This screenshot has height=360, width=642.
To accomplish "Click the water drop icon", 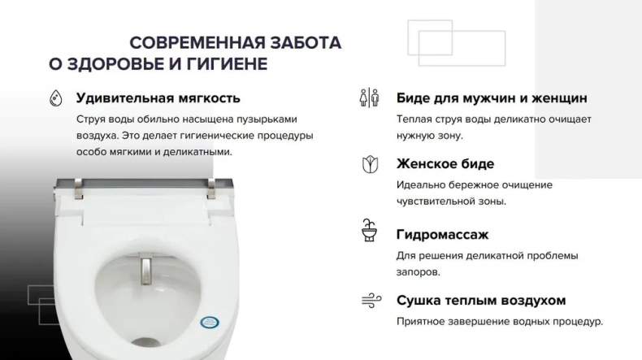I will (55, 98).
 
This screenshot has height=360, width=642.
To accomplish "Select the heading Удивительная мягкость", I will (158, 98).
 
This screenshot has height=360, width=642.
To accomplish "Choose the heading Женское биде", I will (445, 164).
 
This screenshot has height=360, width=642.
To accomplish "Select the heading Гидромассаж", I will (442, 235).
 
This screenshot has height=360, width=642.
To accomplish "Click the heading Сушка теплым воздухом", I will (481, 301).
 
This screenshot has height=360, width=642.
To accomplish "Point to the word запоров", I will (419, 274).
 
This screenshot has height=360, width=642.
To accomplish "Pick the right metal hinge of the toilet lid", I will (211, 189).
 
